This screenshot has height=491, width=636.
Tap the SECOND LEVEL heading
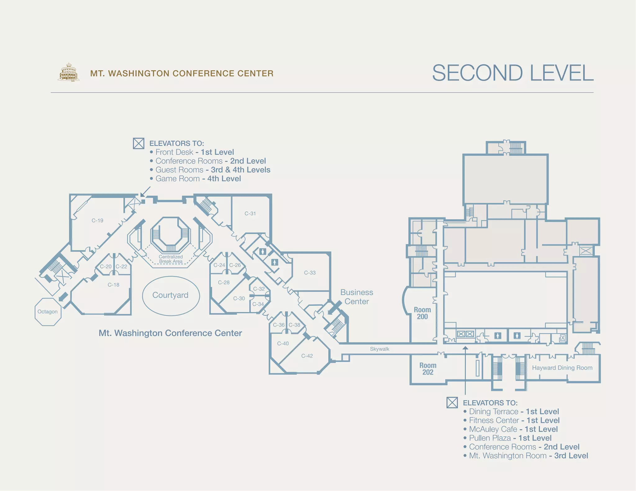pos(513,73)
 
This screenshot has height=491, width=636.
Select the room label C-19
pos(97,220)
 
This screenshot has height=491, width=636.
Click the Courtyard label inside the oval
pos(170,295)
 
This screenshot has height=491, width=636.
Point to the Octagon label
pos(48,312)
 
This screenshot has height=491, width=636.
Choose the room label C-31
pos(250,214)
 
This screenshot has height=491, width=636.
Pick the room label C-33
pos(310,273)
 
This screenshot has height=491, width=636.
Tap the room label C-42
pos(307,356)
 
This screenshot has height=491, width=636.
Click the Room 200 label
pos(422,313)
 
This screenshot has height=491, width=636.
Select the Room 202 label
pos(428,369)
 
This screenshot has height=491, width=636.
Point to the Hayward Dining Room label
pos(562,368)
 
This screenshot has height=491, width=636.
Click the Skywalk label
pos(379,349)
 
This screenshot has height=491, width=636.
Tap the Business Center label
pos(357,297)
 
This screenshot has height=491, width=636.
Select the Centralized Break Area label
pos(171,259)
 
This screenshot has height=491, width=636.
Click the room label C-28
pos(224,282)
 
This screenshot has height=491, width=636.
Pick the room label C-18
pos(113,285)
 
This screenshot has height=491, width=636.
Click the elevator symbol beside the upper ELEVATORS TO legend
pos(139,143)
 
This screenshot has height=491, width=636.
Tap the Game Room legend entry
pos(195,179)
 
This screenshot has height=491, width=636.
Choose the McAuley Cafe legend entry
pos(510,429)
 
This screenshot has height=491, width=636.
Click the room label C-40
pos(283,344)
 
